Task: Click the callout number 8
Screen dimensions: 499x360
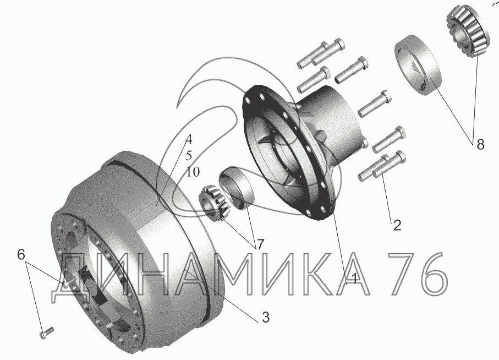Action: [x=480, y=144]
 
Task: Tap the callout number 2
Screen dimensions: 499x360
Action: [x=397, y=225]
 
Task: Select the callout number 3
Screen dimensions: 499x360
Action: [x=265, y=317]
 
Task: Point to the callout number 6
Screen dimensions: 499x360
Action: [x=21, y=254]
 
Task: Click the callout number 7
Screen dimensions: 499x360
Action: [x=260, y=244]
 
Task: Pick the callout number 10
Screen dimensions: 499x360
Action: [x=193, y=172]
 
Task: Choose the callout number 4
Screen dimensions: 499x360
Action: [x=189, y=139]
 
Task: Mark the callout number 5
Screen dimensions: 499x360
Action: [x=189, y=156]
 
